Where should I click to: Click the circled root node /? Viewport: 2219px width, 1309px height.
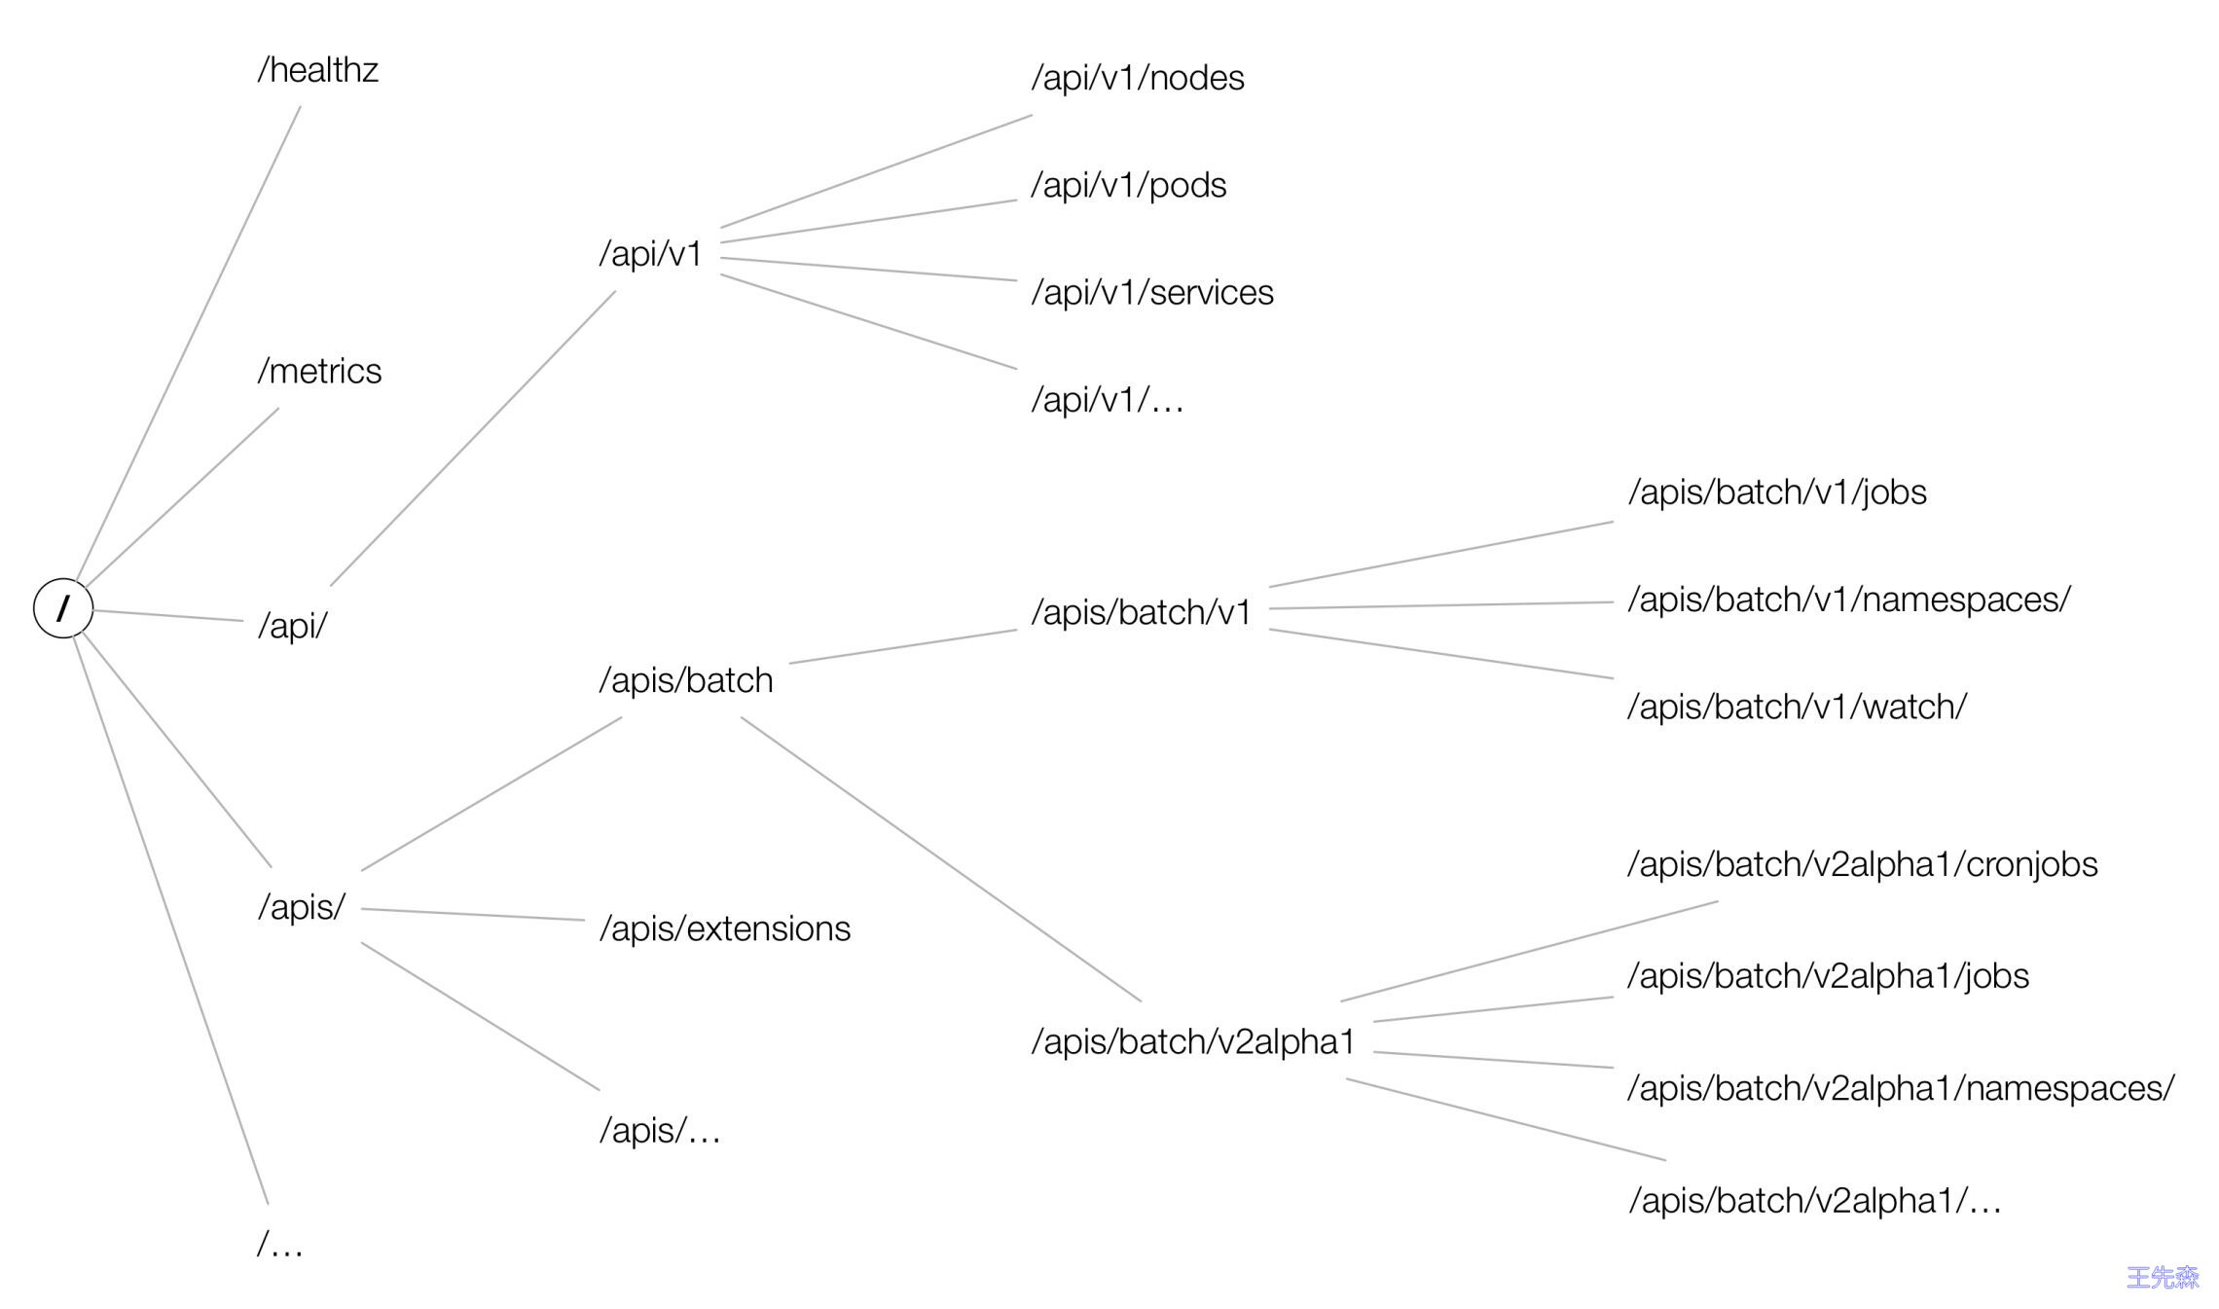click(63, 608)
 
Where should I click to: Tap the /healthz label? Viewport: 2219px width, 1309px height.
click(317, 70)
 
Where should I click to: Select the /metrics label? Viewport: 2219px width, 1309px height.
click(319, 371)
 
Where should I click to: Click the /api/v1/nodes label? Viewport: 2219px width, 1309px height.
click(1138, 78)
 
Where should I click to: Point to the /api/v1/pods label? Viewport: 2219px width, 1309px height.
click(1129, 185)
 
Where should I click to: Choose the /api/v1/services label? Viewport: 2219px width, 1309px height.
click(1152, 292)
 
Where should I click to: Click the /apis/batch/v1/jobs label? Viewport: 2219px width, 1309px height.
click(1777, 492)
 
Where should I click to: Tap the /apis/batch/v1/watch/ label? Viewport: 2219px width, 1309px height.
click(1797, 707)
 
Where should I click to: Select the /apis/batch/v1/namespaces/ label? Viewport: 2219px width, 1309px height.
click(1849, 600)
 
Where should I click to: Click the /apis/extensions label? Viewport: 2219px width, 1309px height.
click(725, 928)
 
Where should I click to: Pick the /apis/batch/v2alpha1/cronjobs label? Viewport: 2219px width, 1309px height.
click(1863, 864)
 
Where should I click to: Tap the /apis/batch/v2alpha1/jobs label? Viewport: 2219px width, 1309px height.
click(1828, 975)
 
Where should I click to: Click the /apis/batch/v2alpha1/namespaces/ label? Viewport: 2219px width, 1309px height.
click(1901, 1088)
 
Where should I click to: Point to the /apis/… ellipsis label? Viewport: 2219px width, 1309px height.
click(660, 1131)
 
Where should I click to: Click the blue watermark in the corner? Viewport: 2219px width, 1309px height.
click(2162, 1277)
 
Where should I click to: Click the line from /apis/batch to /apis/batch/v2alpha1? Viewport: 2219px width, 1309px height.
click(940, 859)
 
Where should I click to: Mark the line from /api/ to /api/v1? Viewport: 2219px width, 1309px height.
click(473, 438)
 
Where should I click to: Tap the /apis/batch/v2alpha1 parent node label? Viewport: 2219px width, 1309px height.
click(1193, 1042)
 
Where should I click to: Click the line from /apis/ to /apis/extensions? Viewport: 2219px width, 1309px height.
click(473, 915)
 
